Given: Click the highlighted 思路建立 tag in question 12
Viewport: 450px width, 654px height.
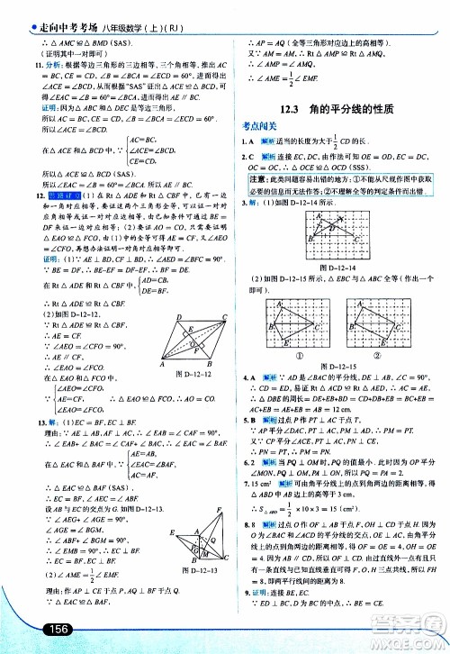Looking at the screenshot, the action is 59,195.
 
